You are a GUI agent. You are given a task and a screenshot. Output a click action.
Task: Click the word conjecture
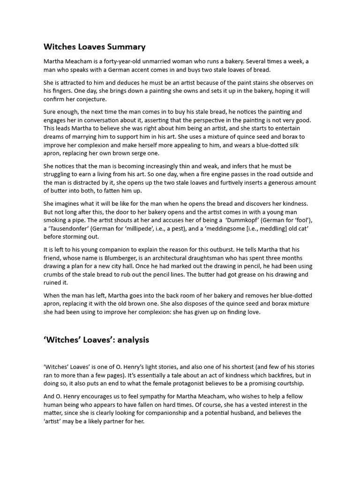click(x=91, y=99)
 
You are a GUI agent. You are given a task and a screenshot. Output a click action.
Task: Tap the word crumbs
click(x=54, y=275)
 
